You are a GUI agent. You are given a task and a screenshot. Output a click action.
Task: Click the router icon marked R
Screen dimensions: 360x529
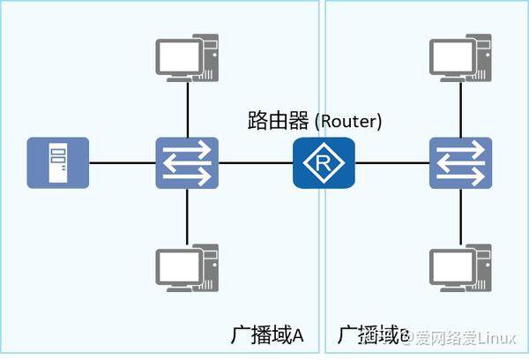[x=324, y=163]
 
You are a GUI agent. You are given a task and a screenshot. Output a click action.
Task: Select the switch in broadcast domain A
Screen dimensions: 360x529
[x=187, y=163]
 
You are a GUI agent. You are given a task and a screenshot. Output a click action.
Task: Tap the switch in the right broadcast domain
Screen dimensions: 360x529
[x=460, y=163]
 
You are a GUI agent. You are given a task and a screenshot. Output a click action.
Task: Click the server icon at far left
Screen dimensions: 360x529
[x=58, y=163]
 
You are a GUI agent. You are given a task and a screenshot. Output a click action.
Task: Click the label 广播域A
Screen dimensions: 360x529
[x=267, y=335]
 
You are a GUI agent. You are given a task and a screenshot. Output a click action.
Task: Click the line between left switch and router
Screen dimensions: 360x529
[x=256, y=163]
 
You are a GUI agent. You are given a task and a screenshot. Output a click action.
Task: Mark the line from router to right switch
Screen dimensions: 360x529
[x=391, y=163]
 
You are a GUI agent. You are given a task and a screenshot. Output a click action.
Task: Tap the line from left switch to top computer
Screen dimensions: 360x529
[x=187, y=110]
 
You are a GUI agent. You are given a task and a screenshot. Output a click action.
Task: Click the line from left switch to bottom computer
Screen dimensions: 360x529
[x=187, y=216]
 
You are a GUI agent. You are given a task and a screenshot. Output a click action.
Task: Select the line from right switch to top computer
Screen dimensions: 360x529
[x=460, y=110]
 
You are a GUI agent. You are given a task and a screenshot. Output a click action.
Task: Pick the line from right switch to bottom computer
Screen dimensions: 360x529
[x=460, y=216]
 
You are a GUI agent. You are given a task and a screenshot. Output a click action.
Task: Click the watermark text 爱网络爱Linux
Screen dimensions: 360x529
[x=467, y=336]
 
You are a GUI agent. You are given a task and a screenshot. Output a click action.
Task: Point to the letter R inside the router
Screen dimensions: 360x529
[x=324, y=163]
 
